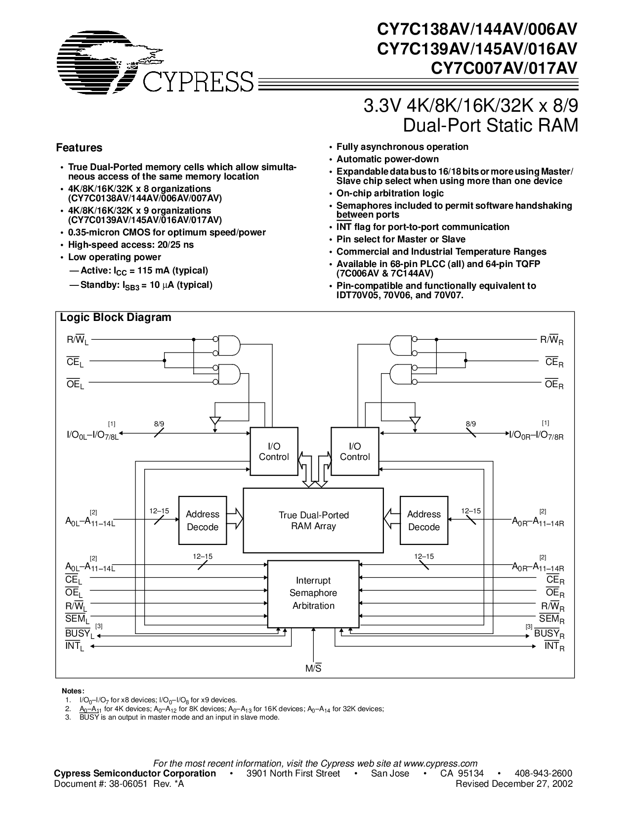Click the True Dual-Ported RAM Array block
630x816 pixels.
[313, 520]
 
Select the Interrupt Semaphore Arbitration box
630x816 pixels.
[313, 594]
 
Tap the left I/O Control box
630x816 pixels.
[274, 452]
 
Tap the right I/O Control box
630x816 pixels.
[355, 452]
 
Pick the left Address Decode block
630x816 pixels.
[203, 520]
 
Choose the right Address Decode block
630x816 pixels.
[424, 520]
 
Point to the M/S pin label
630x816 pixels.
[313, 668]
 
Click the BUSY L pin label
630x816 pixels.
[80, 634]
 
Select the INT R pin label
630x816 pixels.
[554, 646]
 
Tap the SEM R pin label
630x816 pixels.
[551, 619]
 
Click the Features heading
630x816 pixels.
[79, 147]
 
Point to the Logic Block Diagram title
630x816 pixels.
[116, 317]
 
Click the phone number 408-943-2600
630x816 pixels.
[544, 773]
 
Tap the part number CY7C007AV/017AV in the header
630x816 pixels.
[504, 68]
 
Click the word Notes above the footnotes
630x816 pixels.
[73, 691]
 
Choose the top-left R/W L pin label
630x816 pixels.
[78, 340]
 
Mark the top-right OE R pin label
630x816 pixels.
[554, 384]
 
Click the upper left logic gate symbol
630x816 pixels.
[229, 346]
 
